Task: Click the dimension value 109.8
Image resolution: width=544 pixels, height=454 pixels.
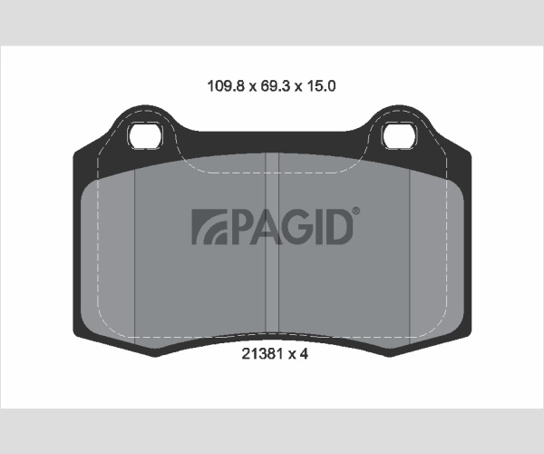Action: pos(226,85)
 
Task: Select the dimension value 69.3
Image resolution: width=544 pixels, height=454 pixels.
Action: pos(275,85)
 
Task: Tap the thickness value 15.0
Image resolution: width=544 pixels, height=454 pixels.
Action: pos(320,85)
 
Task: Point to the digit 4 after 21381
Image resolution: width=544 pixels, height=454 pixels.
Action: pos(304,354)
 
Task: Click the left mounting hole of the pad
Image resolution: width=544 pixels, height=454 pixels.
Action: pos(145,136)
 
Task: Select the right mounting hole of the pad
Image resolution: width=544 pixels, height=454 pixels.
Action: pos(399,136)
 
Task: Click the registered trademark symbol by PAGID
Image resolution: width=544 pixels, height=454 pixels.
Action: pos(356,211)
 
